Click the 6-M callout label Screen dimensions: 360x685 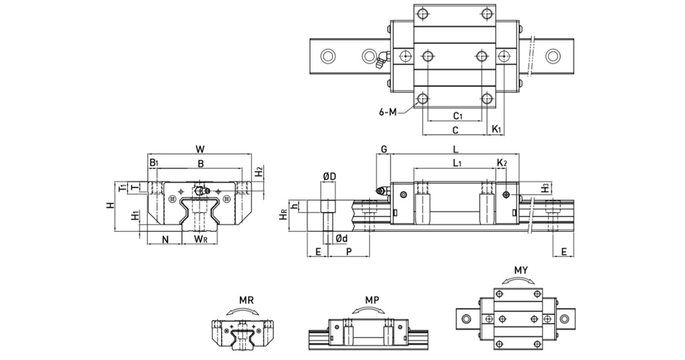(x=387, y=113)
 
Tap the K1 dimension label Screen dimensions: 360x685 (x=497, y=129)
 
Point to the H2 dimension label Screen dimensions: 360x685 (x=259, y=171)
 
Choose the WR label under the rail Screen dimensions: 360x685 (x=201, y=239)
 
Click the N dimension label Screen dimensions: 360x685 (x=165, y=239)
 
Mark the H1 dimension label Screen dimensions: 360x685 (x=136, y=216)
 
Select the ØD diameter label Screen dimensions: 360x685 (x=329, y=177)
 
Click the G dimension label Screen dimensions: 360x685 (x=384, y=149)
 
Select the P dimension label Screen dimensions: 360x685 (x=349, y=251)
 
